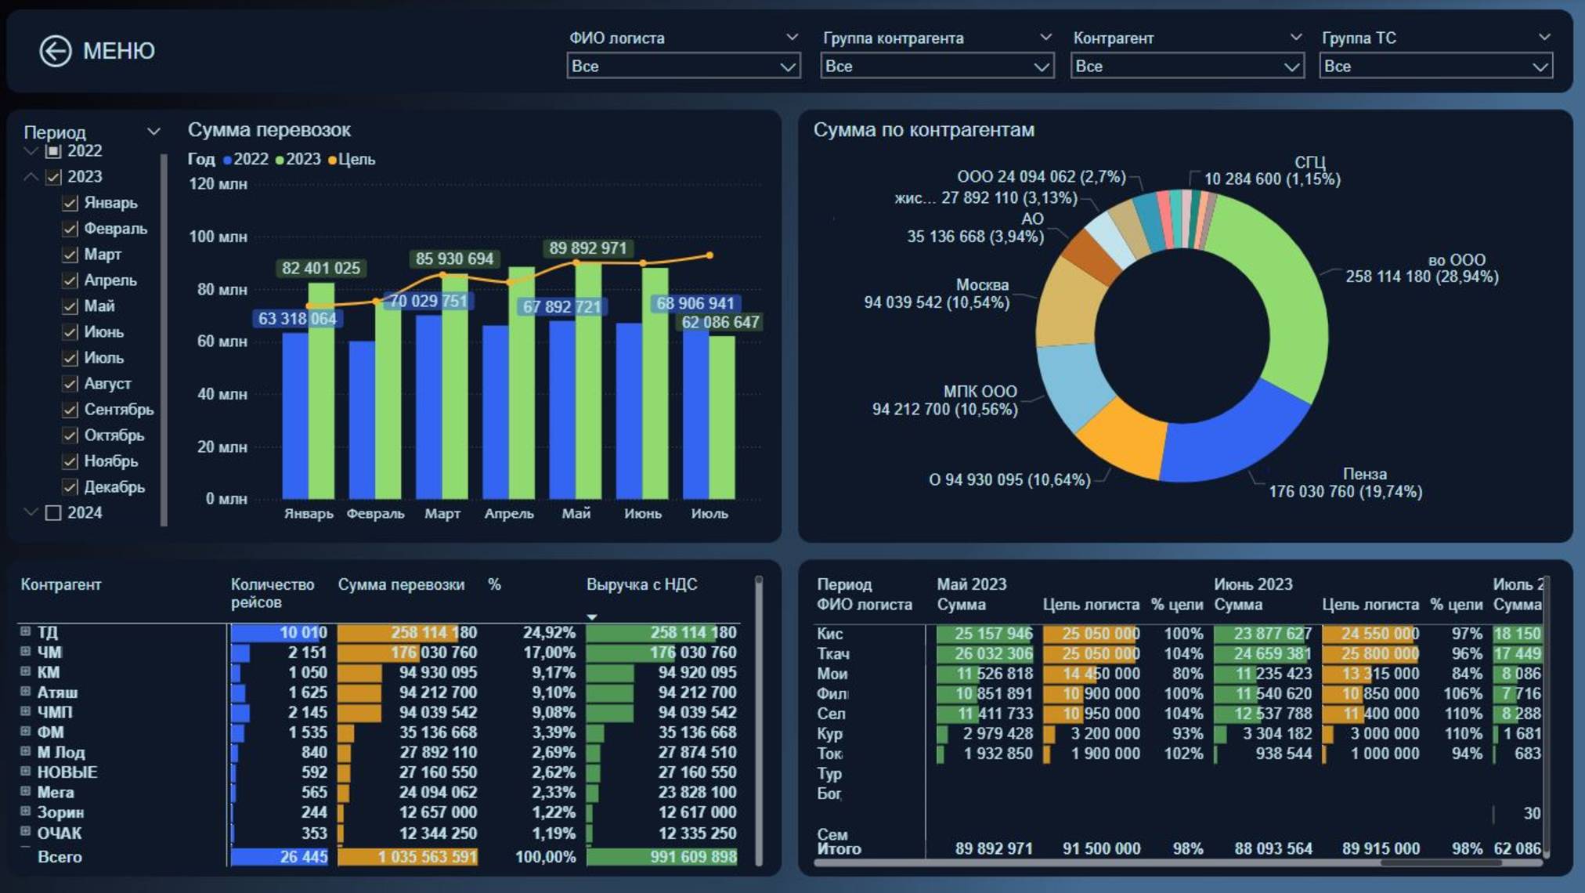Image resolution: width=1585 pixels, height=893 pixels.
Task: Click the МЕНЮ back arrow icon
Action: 56,52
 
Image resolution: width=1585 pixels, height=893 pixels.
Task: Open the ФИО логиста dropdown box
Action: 683,67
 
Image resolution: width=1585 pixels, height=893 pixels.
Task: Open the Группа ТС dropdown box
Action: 1435,67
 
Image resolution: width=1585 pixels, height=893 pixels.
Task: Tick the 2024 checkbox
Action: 53,513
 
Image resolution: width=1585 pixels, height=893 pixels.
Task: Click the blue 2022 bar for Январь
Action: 294,415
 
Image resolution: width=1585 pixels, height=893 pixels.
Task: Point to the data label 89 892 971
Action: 587,248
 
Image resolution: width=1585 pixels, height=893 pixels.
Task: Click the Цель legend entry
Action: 352,159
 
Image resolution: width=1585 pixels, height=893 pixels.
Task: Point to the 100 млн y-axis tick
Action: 218,237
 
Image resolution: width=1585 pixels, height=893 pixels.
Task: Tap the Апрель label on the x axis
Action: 509,514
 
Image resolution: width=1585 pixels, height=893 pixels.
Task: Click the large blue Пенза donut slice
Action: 1229,439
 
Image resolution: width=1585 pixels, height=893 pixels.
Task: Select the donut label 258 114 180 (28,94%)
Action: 1421,277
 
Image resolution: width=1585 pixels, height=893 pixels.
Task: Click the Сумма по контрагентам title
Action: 923,130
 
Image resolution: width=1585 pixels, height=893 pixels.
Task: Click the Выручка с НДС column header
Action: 641,584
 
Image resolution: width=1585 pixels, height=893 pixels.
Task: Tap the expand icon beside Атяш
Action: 25,692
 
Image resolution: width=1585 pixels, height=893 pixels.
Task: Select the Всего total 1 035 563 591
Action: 427,857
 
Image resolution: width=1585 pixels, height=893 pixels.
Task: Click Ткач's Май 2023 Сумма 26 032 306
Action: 993,653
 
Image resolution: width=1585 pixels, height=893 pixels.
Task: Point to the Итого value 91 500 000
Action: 1100,849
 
